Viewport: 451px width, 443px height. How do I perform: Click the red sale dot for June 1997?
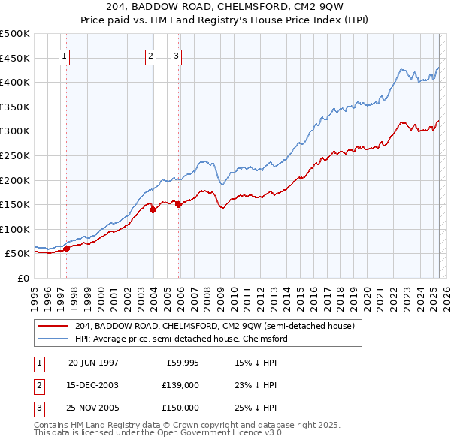[66, 249]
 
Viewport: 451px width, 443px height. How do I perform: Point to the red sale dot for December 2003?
[153, 210]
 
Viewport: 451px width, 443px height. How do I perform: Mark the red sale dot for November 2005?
[178, 205]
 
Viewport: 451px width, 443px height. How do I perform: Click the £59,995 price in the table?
[180, 363]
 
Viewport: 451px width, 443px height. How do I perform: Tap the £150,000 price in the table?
[180, 408]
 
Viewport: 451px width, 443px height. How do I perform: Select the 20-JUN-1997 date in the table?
[93, 363]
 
